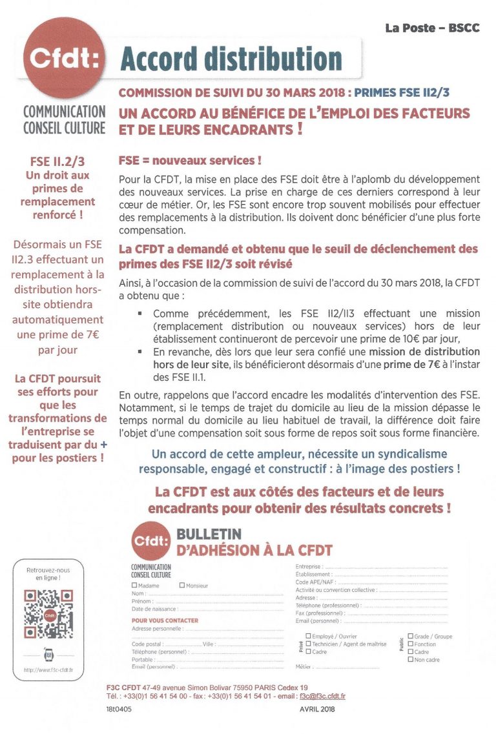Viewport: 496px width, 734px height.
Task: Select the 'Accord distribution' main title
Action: coord(231,59)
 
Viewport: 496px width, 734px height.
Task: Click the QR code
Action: coord(48,614)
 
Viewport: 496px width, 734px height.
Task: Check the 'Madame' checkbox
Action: coord(134,586)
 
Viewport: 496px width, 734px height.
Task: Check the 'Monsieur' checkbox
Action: coord(182,586)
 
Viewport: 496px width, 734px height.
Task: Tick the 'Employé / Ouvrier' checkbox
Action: coord(308,636)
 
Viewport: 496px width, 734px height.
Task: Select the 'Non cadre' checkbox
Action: coord(410,659)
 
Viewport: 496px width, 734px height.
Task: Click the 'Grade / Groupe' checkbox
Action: coord(410,636)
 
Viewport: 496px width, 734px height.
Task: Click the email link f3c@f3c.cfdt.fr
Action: coord(322,697)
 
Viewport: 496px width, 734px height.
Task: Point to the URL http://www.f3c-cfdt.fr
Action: coord(48,670)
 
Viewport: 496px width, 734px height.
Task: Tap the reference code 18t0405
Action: coord(119,709)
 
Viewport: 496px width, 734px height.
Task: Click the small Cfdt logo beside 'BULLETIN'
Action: coord(150,542)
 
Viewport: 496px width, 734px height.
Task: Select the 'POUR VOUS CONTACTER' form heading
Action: coord(165,620)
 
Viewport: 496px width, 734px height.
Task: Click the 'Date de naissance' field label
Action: coord(155,609)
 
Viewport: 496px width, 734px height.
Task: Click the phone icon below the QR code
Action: coord(48,654)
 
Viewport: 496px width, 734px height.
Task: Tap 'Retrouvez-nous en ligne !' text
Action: coord(48,574)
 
